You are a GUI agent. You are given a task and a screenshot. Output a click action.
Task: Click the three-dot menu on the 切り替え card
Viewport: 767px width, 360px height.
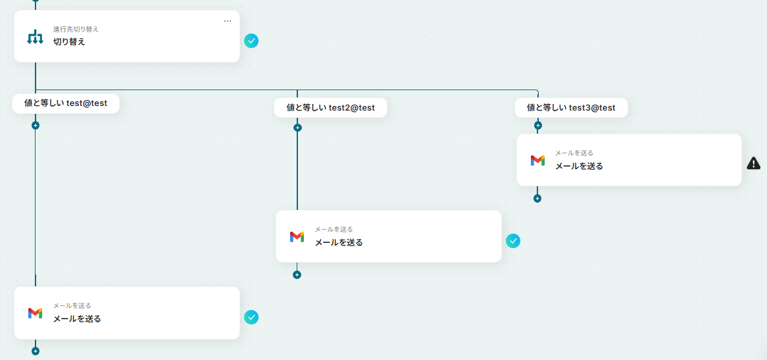(x=228, y=21)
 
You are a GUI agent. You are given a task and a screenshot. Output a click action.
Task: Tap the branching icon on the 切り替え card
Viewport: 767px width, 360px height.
(x=35, y=37)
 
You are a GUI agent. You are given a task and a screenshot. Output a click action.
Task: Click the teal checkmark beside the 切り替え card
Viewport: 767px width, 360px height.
(x=251, y=41)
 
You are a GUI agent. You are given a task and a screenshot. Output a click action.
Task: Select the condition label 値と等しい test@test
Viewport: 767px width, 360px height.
(x=66, y=103)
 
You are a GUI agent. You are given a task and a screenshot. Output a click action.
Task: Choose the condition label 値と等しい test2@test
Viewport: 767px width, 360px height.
(x=330, y=107)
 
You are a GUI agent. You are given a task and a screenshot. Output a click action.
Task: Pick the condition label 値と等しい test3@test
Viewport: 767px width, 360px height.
(x=571, y=107)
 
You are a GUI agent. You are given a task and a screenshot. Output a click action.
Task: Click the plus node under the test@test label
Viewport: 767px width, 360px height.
(x=36, y=125)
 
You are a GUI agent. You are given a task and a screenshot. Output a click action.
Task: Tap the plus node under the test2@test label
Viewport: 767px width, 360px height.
(x=297, y=128)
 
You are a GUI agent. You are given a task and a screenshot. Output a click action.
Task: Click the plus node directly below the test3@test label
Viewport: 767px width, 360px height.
(x=537, y=125)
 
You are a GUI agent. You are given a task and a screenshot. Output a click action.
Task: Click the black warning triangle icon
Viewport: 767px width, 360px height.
(x=754, y=163)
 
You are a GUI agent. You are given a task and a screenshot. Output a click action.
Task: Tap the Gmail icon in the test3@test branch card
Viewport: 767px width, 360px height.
(x=537, y=160)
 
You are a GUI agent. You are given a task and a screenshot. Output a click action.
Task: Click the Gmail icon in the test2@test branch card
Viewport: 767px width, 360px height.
(x=297, y=236)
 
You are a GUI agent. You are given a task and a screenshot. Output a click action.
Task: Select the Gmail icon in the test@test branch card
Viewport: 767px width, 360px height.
(x=35, y=313)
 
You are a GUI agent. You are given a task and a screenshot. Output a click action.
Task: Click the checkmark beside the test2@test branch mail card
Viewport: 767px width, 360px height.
(x=513, y=241)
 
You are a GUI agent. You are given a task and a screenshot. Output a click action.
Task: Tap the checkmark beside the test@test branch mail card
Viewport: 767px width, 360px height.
(x=251, y=317)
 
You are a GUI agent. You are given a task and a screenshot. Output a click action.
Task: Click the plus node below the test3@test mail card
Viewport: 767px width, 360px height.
(x=537, y=198)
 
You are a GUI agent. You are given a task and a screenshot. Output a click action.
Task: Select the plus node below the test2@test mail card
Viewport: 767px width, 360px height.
(x=297, y=275)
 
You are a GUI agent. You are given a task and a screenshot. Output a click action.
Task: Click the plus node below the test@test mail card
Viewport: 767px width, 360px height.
(x=36, y=351)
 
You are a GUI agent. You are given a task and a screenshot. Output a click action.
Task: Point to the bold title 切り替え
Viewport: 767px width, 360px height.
(x=69, y=41)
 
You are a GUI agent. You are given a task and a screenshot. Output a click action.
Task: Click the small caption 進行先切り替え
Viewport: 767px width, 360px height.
(x=76, y=29)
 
